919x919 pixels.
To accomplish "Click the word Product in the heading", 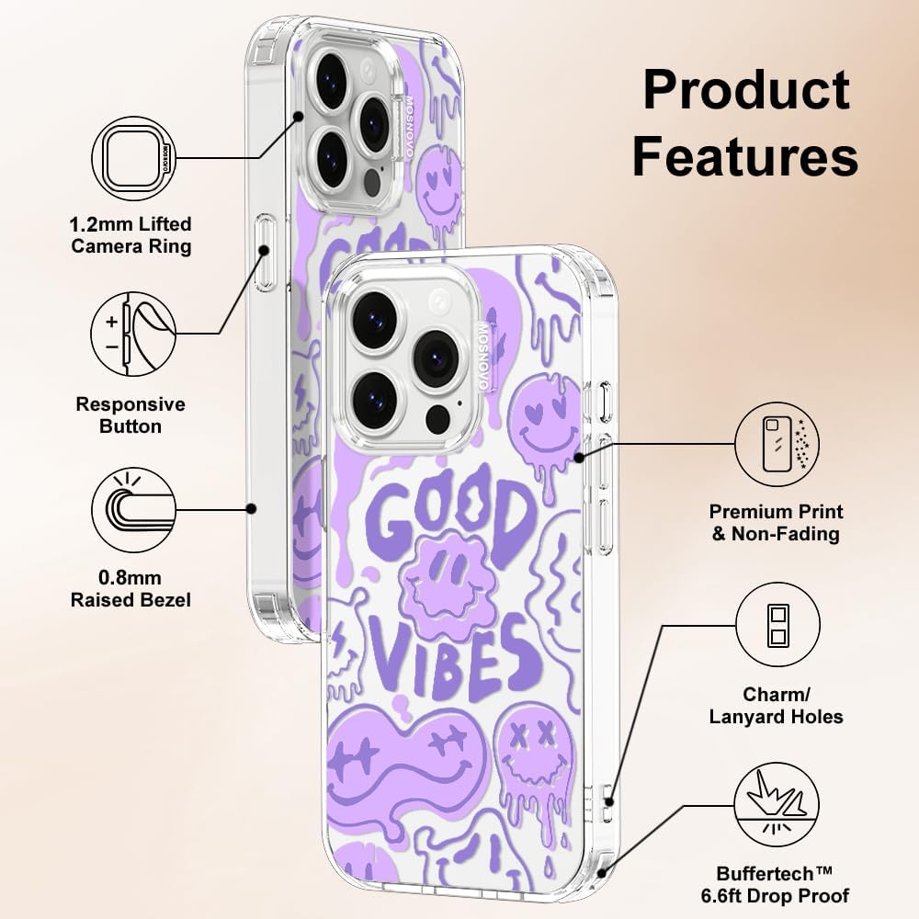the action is click(746, 90).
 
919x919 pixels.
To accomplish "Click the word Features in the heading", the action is click(745, 155).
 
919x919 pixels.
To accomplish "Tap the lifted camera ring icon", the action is click(134, 158).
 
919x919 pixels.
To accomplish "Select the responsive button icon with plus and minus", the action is click(133, 335).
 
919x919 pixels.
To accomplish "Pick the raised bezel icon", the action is click(134, 509).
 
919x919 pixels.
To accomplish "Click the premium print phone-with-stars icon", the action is click(777, 444).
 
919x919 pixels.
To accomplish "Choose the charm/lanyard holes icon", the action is click(777, 625).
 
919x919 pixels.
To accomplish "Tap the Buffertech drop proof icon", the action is click(777, 805).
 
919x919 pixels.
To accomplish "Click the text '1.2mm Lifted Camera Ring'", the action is click(130, 234).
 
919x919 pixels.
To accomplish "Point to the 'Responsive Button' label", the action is click(130, 415).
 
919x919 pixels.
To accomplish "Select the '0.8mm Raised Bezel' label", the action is click(130, 589).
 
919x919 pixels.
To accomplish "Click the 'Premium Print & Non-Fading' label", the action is click(776, 522).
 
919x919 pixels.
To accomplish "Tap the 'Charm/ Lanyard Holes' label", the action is click(776, 705).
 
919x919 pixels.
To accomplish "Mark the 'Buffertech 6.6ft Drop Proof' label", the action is click(775, 884).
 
